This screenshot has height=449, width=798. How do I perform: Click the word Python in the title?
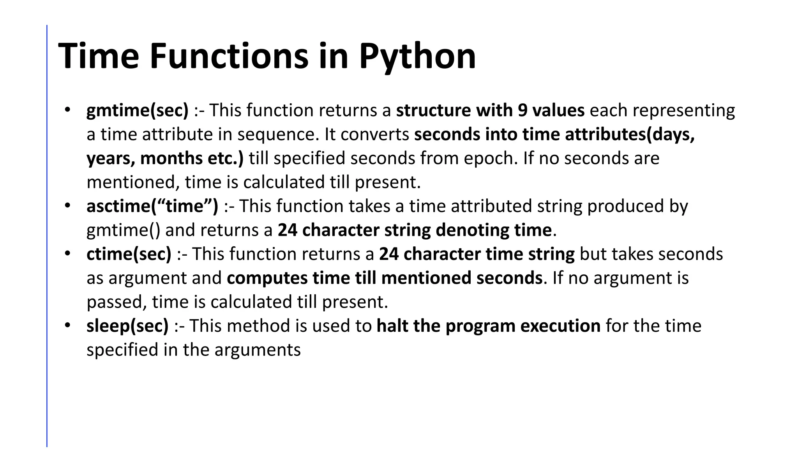click(x=417, y=57)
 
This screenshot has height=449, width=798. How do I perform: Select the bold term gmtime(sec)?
click(x=137, y=110)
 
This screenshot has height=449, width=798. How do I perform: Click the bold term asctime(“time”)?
click(x=152, y=206)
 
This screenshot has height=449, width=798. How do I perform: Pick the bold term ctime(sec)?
click(x=129, y=254)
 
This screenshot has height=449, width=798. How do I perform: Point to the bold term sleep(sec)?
click(x=127, y=326)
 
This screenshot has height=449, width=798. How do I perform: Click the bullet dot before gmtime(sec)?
click(x=67, y=109)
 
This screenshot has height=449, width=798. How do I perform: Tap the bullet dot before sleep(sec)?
click(x=67, y=325)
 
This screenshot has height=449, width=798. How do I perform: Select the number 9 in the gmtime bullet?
click(x=523, y=110)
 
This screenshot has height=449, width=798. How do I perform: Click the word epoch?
click(x=495, y=159)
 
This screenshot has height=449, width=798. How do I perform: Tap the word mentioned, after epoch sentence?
click(x=133, y=182)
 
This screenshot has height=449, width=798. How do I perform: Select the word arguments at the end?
click(x=257, y=350)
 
